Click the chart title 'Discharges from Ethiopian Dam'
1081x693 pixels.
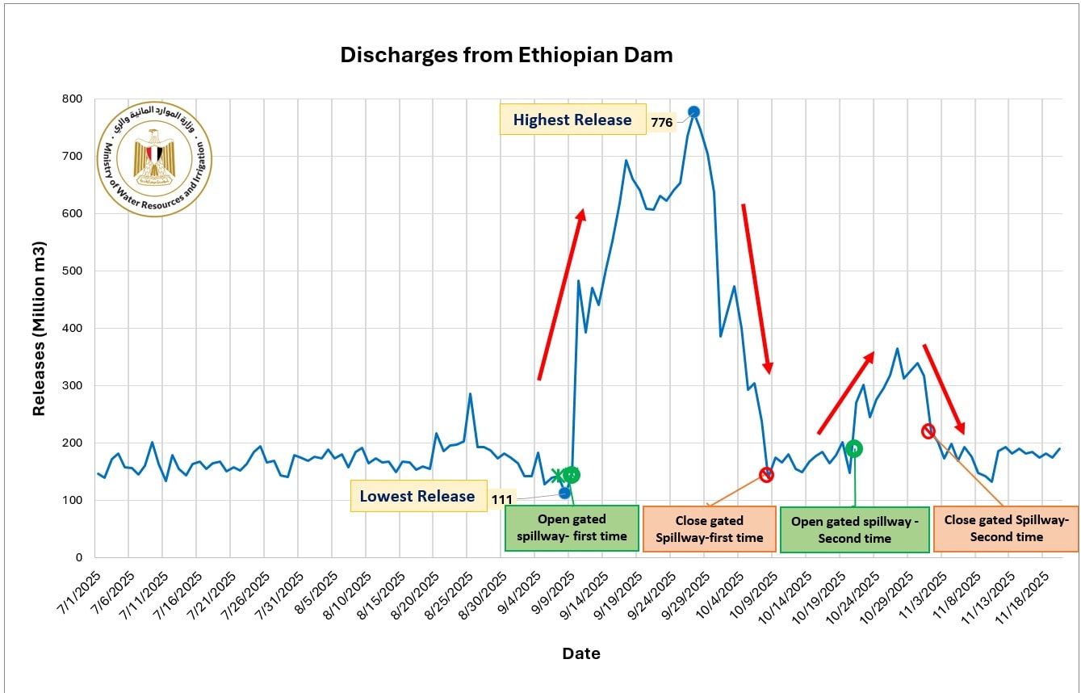pyautogui.click(x=506, y=55)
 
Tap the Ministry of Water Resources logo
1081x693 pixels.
pyautogui.click(x=154, y=158)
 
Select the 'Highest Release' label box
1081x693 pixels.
pyautogui.click(x=572, y=120)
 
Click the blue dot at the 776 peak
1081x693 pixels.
pyautogui.click(x=693, y=111)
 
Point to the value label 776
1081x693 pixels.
pyautogui.click(x=662, y=124)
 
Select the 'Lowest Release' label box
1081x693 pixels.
pyautogui.click(x=417, y=496)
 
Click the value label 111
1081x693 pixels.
pyautogui.click(x=501, y=500)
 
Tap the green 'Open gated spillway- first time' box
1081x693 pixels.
pyautogui.click(x=572, y=528)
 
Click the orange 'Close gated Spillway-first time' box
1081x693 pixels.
pyautogui.click(x=709, y=529)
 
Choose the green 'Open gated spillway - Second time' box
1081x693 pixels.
pyautogui.click(x=854, y=530)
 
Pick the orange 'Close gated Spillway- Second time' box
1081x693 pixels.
pyautogui.click(x=1006, y=528)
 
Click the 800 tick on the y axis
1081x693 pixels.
pyautogui.click(x=73, y=99)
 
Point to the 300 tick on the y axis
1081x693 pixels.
pyautogui.click(x=73, y=386)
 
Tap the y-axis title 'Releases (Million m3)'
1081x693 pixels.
pyautogui.click(x=39, y=328)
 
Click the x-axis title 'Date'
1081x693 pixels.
pyautogui.click(x=580, y=653)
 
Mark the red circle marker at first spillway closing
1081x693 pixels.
pyautogui.click(x=766, y=475)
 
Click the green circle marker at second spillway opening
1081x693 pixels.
pyautogui.click(x=854, y=448)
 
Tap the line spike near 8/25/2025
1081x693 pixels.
pyautogui.click(x=470, y=394)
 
